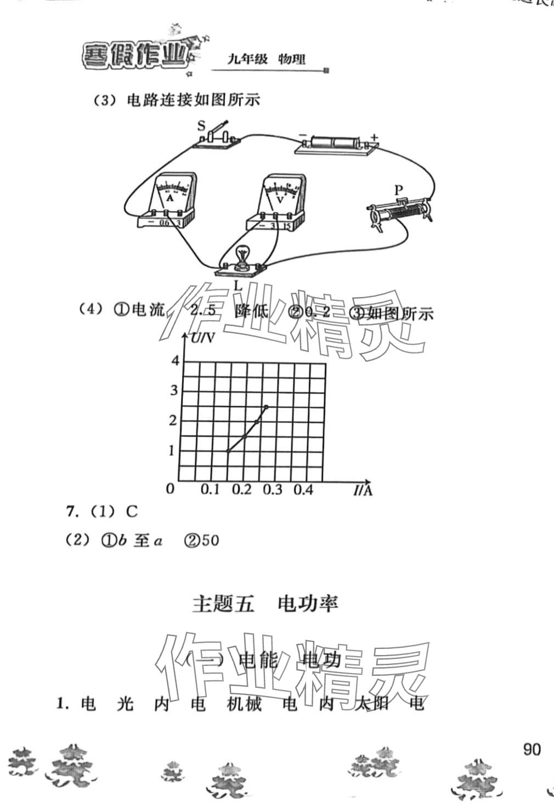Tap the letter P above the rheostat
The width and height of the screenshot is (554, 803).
tap(399, 190)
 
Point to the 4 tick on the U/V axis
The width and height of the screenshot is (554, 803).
tap(174, 361)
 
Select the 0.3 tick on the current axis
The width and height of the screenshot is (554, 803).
tap(273, 489)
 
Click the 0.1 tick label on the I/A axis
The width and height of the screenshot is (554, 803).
tap(210, 489)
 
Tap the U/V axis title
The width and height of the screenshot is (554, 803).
tap(202, 339)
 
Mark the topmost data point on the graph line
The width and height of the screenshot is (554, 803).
tap(266, 407)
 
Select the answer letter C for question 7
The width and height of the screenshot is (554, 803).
tap(132, 512)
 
